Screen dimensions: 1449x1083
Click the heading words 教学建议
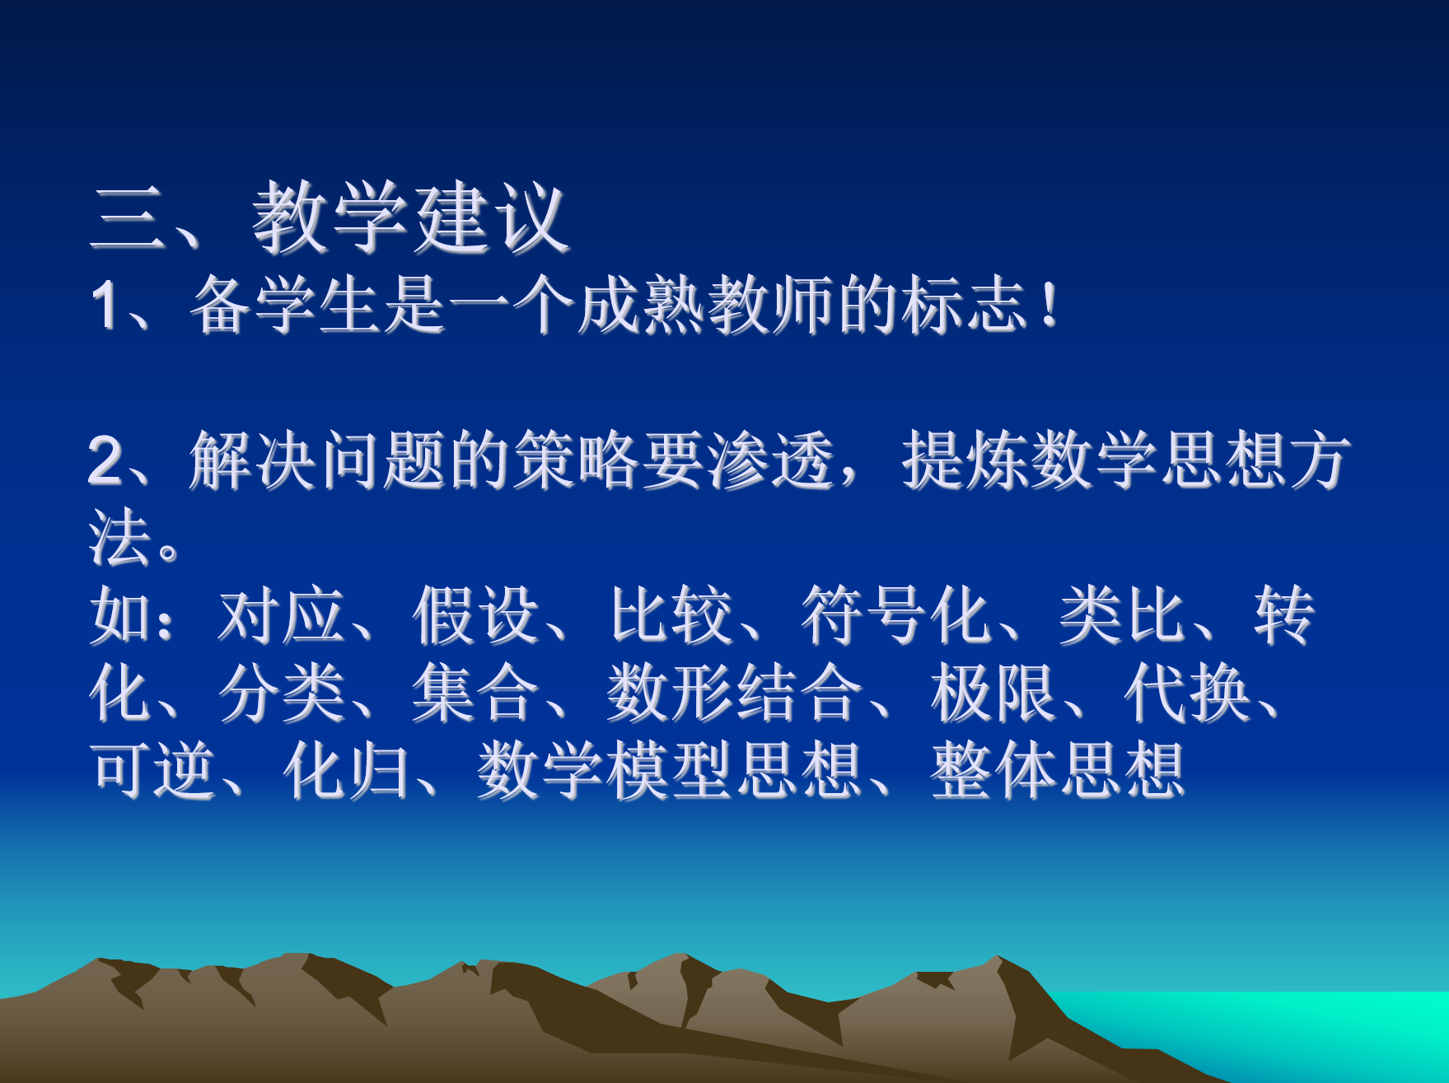pos(410,217)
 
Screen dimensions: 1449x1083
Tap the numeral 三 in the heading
pos(127,217)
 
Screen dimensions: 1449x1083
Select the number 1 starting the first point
pos(105,306)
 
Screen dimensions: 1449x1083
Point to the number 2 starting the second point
pos(106,460)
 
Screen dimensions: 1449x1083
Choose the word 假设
pos(475,615)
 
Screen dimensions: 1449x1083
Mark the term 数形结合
pos(735,693)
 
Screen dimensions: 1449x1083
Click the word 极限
pos(993,693)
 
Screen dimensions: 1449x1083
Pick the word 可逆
pos(154,770)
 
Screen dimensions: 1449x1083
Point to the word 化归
pos(346,770)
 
